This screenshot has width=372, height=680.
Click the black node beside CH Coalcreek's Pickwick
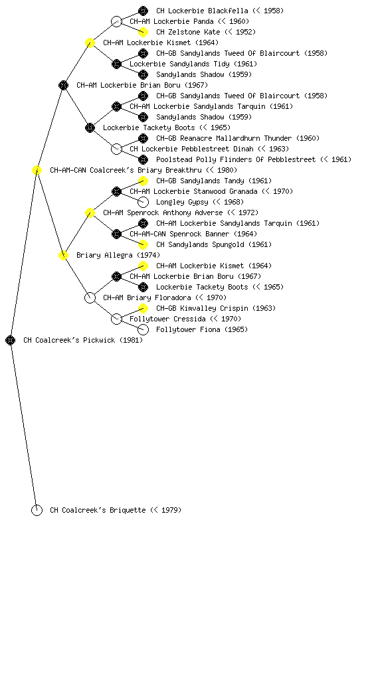pyautogui.click(x=11, y=341)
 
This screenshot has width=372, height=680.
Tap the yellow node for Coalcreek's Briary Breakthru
pyautogui.click(x=37, y=171)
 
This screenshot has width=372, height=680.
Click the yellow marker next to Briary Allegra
pyautogui.click(x=63, y=256)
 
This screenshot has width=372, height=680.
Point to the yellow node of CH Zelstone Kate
pyautogui.click(x=143, y=32)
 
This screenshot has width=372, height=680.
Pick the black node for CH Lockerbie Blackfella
pyautogui.click(x=143, y=11)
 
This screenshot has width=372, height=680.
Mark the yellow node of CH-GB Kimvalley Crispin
pyautogui.click(x=143, y=308)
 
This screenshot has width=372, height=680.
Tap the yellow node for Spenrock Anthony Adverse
pyautogui.click(x=90, y=213)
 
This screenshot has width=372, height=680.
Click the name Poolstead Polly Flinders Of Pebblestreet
pyautogui.click(x=236, y=159)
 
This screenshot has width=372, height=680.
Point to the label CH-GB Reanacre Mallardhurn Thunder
pyautogui.click(x=224, y=138)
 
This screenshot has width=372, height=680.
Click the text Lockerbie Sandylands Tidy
pyautogui.click(x=180, y=64)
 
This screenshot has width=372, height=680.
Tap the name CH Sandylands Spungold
pyautogui.click(x=201, y=244)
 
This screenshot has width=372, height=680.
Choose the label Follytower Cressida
pyautogui.click(x=167, y=319)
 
